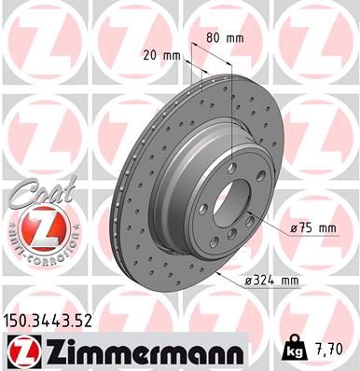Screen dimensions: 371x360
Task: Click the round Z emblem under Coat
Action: point(35,227)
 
